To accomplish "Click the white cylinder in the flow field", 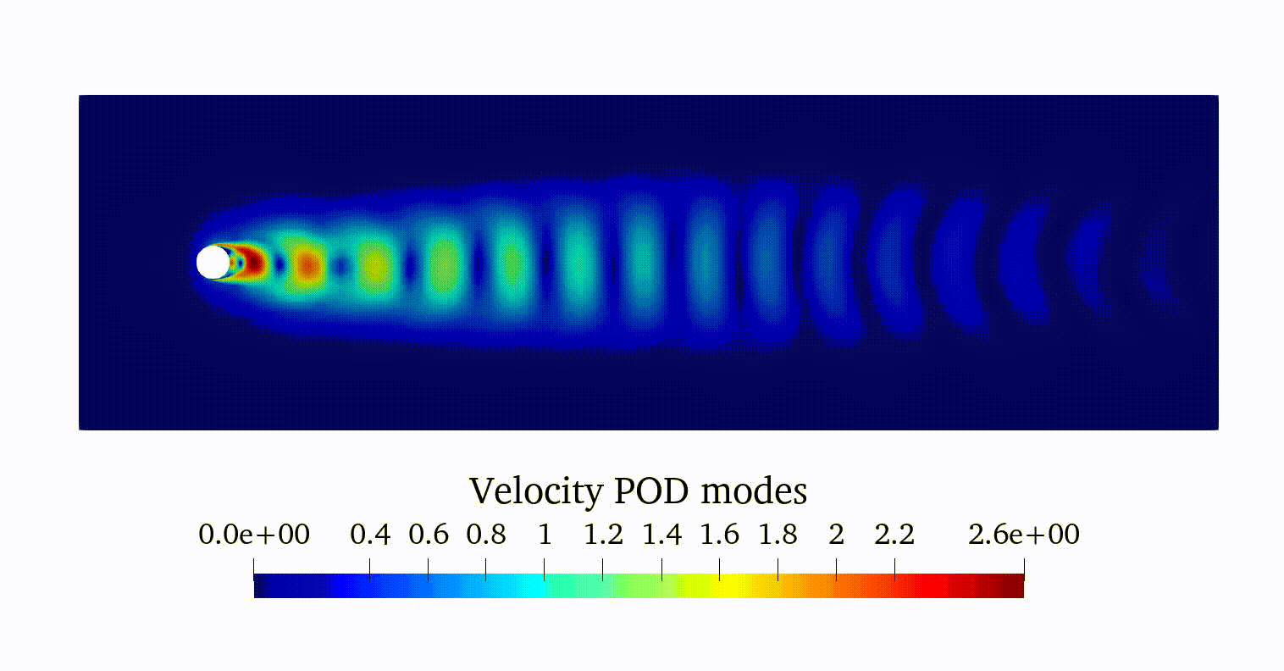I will (213, 263).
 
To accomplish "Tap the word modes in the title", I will (754, 491).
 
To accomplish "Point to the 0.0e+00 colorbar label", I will (254, 535).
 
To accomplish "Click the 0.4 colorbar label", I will (370, 535).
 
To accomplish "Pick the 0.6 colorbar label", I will (429, 535).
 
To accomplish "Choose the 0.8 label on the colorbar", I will (486, 535).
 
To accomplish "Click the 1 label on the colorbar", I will (545, 535).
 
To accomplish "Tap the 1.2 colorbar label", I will (603, 535).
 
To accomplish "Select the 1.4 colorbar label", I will (661, 535).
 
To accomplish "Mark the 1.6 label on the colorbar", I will (719, 535).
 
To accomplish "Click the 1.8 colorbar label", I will (778, 535).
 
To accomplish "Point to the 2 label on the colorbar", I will (836, 535).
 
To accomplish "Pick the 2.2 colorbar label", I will (894, 535).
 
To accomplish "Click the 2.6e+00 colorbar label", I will (1024, 535).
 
